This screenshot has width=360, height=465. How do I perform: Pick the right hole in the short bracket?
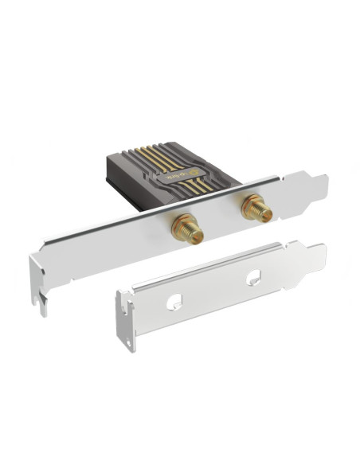pos(252,276)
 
